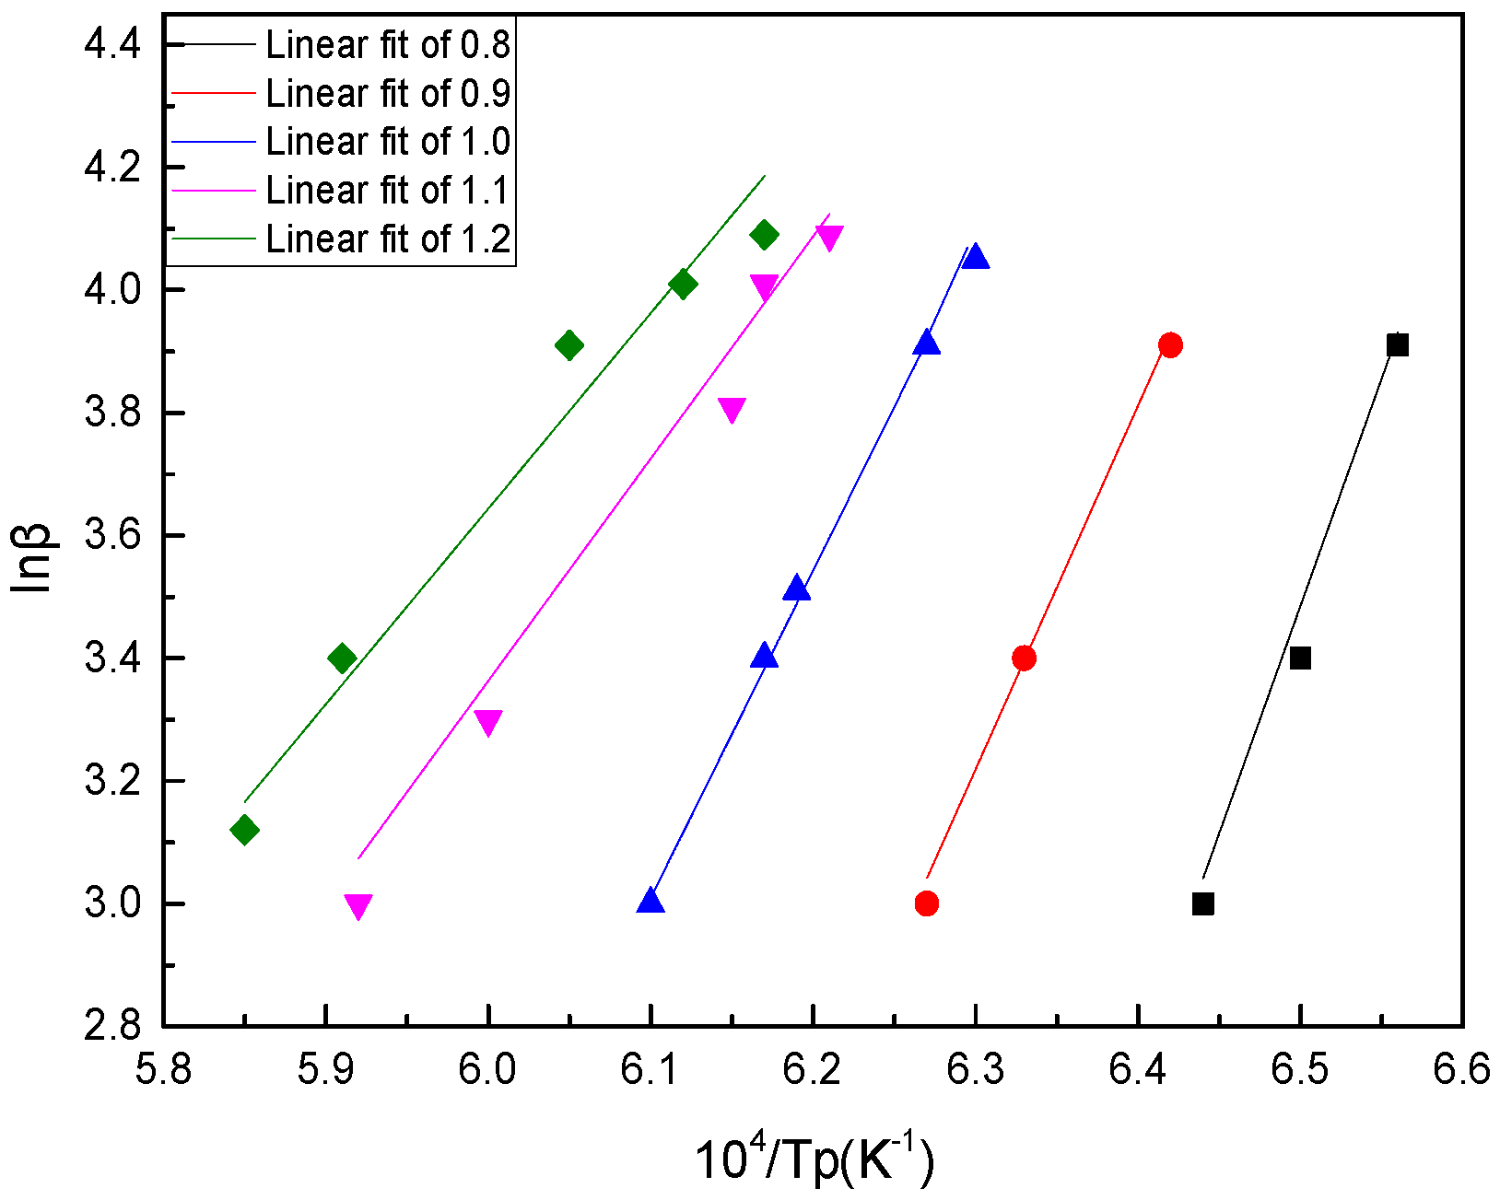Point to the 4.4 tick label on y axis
pos(111,44)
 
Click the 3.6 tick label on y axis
pos(111,536)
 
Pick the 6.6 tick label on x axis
pos(1462,1070)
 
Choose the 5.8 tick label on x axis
pos(163,1070)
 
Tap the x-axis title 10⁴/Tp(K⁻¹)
pos(814,1159)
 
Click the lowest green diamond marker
pos(244,830)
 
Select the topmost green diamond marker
pos(764,235)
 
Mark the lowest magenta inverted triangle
pos(358,906)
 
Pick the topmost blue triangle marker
pos(976,257)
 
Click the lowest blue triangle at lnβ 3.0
pos(650,901)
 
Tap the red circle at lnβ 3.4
pos(1024,658)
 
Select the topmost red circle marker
pos(1170,345)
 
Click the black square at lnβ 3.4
pos(1300,658)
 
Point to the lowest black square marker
pos(1202,903)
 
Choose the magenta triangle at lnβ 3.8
pos(732,410)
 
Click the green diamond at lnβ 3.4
pos(342,658)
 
